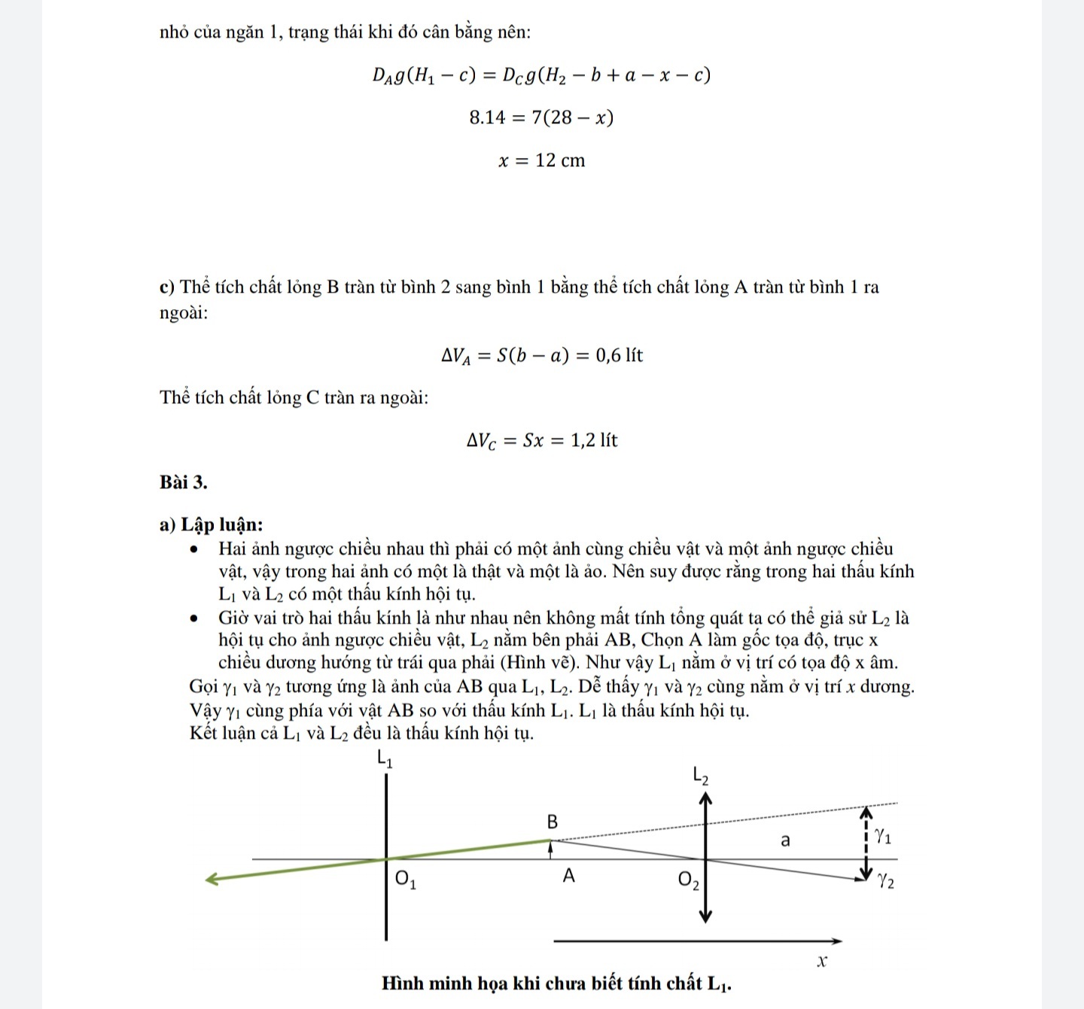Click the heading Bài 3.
tap(183, 482)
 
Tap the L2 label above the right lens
tap(700, 775)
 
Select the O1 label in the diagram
tap(405, 879)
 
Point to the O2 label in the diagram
tap(688, 880)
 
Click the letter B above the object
tap(552, 822)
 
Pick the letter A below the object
tap(568, 876)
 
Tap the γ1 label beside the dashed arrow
tap(883, 836)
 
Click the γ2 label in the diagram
tap(885, 880)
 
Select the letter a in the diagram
tap(785, 840)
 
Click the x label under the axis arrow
tap(822, 961)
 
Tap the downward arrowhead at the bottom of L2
tap(705, 916)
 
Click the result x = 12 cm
tap(541, 160)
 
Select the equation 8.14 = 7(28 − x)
tap(540, 117)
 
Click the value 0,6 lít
tap(619, 355)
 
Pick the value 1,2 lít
tap(594, 440)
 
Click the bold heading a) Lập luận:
tap(211, 524)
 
